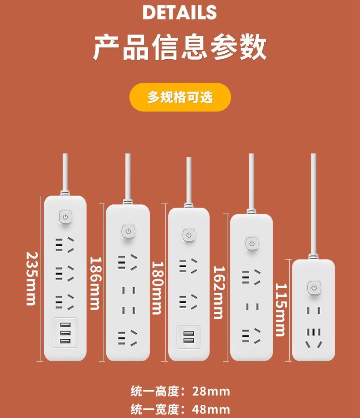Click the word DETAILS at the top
180,12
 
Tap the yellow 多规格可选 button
180,97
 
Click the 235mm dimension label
32,279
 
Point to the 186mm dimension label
95,283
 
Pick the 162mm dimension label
219,292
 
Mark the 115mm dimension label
281,310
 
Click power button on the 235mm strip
65,217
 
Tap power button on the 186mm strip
129,231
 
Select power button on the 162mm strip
252,244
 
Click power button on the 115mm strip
314,288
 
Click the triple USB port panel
65,333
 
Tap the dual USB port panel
189,337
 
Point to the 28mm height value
211,392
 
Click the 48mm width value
211,409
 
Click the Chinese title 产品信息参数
180,47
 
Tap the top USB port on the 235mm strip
65,325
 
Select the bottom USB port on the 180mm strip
189,341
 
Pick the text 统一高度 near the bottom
154,392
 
